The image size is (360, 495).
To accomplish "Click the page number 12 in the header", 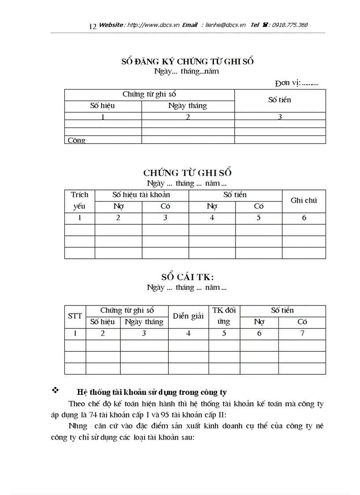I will click(x=93, y=26).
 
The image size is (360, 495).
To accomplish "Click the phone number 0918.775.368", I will click(x=290, y=25).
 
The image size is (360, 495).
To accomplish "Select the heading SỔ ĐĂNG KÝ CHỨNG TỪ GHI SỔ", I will click(x=187, y=61).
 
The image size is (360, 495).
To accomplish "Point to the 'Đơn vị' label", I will click(x=287, y=82).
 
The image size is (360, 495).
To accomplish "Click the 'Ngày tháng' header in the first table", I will click(x=187, y=106).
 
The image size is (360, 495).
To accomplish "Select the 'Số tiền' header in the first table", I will click(x=280, y=100).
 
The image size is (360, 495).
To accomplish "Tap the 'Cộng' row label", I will click(x=76, y=140).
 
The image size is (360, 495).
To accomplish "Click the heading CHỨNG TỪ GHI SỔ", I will click(x=187, y=172).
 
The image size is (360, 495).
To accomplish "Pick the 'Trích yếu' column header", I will click(x=79, y=201).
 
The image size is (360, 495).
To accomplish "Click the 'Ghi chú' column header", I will click(x=304, y=201).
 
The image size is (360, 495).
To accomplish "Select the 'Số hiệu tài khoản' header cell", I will click(x=141, y=195).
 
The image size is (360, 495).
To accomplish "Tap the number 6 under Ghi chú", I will click(x=304, y=218).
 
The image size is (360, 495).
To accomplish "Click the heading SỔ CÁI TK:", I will click(x=187, y=277).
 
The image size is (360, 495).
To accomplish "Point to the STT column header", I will click(x=75, y=316).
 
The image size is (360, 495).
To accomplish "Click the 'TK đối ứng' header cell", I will click(x=224, y=316).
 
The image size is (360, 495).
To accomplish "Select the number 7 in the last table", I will click(x=302, y=333).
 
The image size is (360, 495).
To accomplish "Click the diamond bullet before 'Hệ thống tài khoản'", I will click(x=56, y=390).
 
